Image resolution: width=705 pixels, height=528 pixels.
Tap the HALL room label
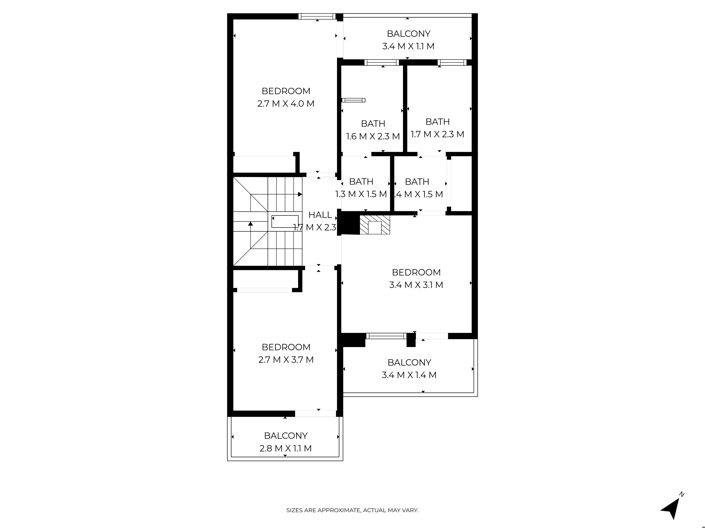[x=320, y=215]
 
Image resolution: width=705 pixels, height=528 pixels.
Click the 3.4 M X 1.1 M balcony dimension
[x=409, y=46]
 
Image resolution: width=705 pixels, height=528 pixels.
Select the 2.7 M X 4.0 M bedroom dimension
[x=286, y=103]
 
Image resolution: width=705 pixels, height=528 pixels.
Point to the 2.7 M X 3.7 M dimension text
[x=286, y=360]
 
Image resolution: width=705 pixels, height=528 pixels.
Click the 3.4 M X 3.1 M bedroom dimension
[x=416, y=285]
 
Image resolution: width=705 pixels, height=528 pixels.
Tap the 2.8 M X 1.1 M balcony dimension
[x=286, y=448]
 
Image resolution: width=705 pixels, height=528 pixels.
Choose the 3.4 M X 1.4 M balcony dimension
[x=409, y=375]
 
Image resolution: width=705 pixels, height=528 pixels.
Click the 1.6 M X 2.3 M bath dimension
[x=373, y=136]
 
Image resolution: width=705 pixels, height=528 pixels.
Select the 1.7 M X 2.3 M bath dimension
[x=437, y=134]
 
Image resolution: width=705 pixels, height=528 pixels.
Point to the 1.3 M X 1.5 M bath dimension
[x=361, y=194]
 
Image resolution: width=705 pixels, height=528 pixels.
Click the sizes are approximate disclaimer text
[x=352, y=510]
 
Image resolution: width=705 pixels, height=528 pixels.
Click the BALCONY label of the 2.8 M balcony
[x=286, y=435]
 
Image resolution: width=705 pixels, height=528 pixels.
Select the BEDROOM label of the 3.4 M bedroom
[x=416, y=272]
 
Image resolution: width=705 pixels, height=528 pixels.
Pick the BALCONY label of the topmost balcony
[x=409, y=33]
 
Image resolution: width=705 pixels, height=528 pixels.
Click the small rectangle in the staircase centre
[x=284, y=222]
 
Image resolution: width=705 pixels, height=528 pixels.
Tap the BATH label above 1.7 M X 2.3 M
[x=437, y=121]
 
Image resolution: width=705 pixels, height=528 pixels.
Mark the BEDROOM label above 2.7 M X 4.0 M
[x=286, y=90]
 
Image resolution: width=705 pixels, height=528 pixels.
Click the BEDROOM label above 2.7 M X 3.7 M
[x=286, y=347]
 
